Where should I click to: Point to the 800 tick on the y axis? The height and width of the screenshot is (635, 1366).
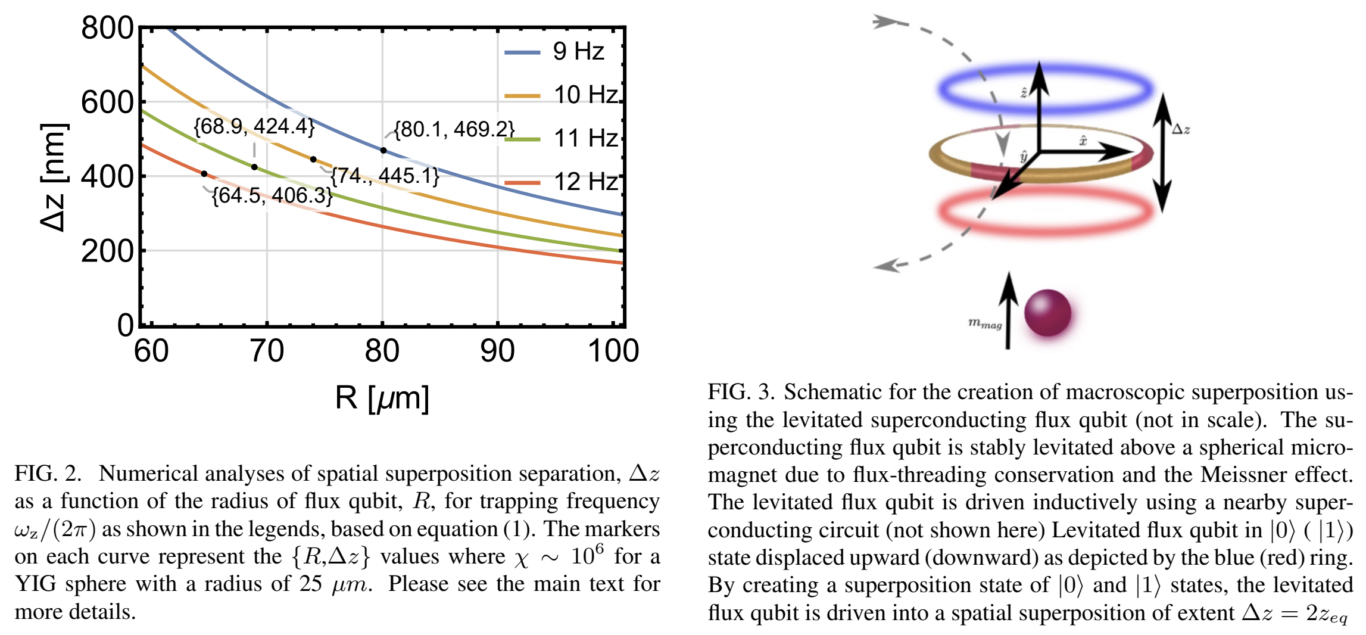(x=107, y=28)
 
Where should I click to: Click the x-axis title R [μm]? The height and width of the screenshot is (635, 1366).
(x=382, y=398)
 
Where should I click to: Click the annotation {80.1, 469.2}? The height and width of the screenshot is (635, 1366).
(x=454, y=129)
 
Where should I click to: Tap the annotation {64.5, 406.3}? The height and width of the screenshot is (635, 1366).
(x=272, y=195)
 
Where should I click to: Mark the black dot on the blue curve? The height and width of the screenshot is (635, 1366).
(x=383, y=150)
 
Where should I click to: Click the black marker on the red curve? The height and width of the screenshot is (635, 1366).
(x=204, y=174)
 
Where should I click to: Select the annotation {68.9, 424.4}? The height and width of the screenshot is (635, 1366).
(x=254, y=126)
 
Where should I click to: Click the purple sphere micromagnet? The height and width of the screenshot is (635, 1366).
(x=1047, y=312)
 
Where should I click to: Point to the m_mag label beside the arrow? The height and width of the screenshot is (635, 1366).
(x=985, y=323)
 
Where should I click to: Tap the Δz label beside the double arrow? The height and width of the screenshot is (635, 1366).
(x=1181, y=129)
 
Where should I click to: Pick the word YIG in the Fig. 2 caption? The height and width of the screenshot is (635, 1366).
(x=35, y=584)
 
